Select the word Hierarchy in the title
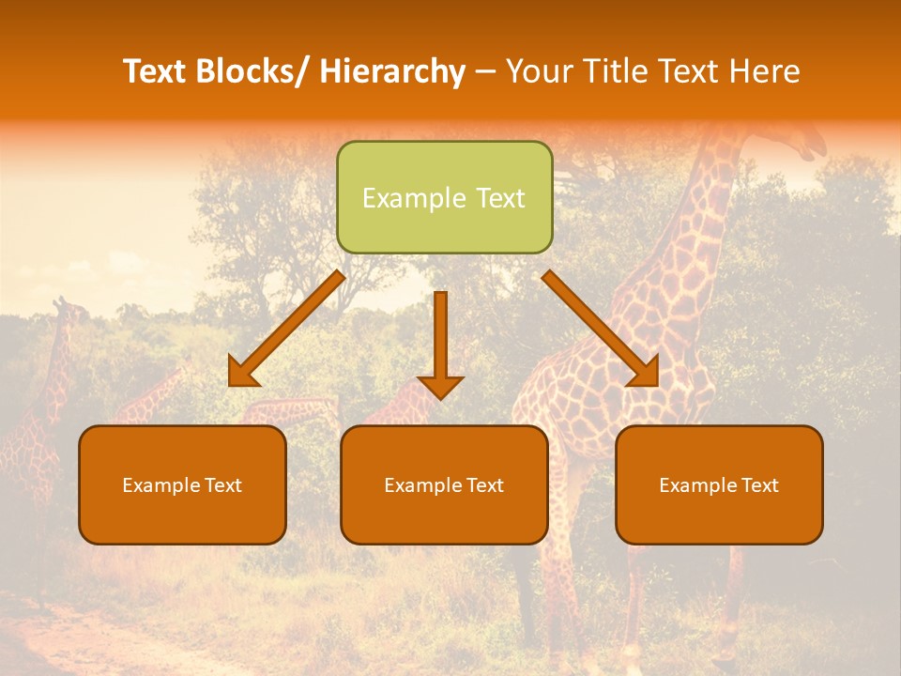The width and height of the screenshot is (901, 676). (392, 71)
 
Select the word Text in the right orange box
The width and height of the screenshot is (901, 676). (760, 485)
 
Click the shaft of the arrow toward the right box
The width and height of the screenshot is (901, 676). (591, 319)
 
